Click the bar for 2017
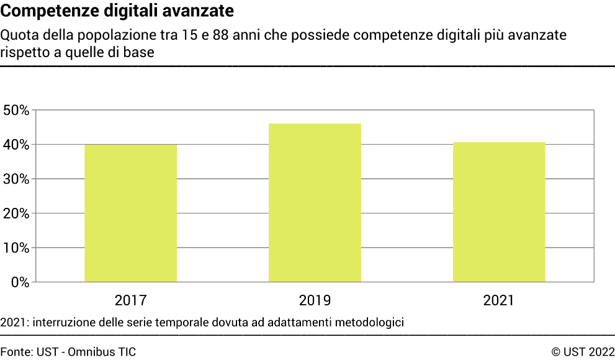click(x=130, y=213)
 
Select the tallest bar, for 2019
click(x=315, y=202)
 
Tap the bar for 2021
click(x=499, y=212)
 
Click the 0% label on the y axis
click(x=20, y=282)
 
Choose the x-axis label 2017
click(x=130, y=301)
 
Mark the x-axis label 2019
click(x=315, y=301)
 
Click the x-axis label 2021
click(x=499, y=301)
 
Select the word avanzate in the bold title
click(x=204, y=11)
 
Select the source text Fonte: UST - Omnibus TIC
click(x=68, y=352)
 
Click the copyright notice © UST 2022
click(x=583, y=352)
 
